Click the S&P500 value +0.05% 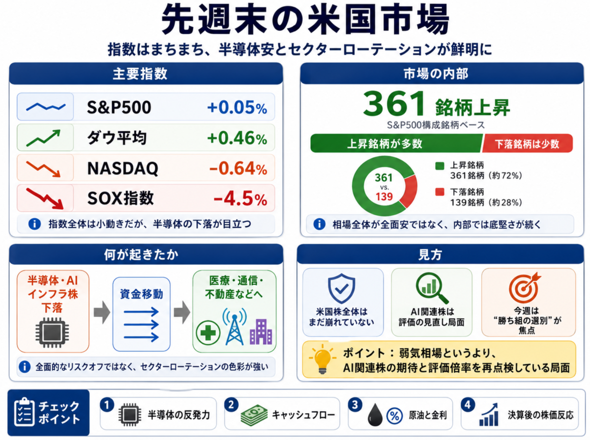[237, 108]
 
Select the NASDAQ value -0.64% [238, 168]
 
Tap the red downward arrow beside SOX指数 [45, 198]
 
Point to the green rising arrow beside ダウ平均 [43, 138]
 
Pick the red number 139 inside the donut [384, 197]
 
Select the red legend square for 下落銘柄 [440, 192]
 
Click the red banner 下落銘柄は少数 [527, 143]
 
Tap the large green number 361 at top [393, 104]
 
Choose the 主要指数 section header [140, 74]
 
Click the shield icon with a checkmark [341, 288]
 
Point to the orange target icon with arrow [525, 288]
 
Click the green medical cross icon [208, 333]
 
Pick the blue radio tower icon [235, 327]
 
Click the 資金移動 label [142, 294]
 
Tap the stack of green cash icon [254, 415]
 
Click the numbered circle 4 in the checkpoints [468, 405]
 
